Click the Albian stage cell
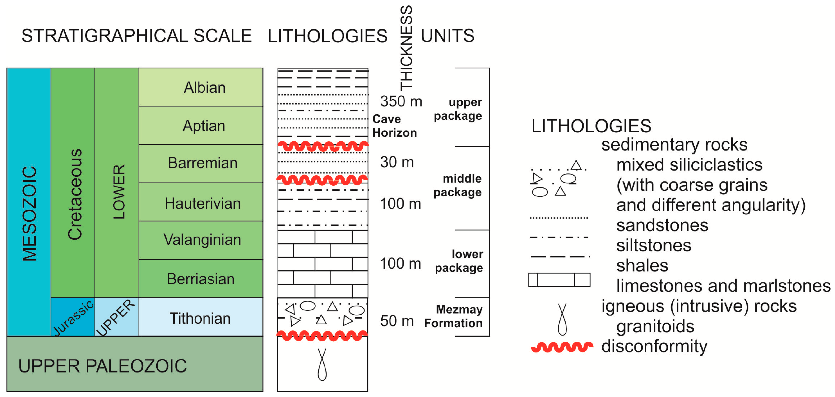coord(204,87)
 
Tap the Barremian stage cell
coord(203,163)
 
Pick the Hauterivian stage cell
coord(203,203)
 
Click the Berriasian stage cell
coord(201,279)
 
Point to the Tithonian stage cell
coord(200,318)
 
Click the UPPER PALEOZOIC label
coord(102,366)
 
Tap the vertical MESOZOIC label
coord(29,214)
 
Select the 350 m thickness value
coord(401,101)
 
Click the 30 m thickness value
coord(397,162)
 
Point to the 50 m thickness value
coord(397,321)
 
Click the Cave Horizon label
coord(394,126)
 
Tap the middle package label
coord(457,185)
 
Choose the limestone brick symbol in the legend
coord(559,280)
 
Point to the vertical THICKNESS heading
coord(406,48)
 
